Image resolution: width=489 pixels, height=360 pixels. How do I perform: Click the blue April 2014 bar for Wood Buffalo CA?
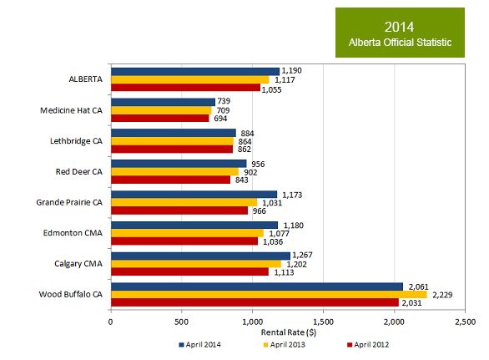[256, 286]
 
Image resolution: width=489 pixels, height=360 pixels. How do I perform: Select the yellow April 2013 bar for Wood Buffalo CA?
[268, 294]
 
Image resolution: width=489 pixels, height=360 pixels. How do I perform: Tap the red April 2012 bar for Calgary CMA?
[189, 271]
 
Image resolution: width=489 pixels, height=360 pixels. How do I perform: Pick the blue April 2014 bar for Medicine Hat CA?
[163, 102]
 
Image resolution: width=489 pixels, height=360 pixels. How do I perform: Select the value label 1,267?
[305, 256]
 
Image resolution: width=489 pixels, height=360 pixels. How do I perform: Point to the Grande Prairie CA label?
[70, 202]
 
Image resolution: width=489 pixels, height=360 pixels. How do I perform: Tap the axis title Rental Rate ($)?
[288, 332]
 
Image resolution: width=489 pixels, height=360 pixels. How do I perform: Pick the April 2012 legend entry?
[365, 343]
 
